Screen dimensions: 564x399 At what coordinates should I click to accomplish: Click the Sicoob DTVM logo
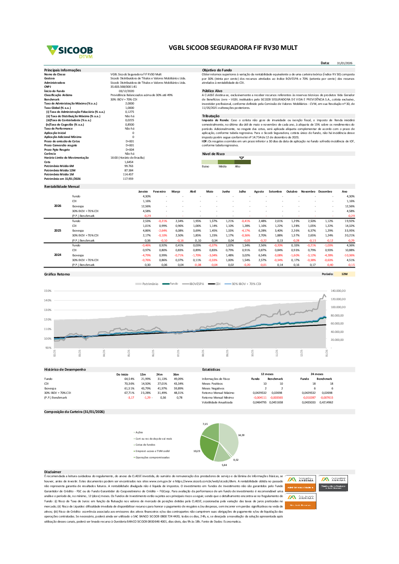pos(70,51)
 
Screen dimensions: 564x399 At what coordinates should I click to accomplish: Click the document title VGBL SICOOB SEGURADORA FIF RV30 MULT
pos(233,48)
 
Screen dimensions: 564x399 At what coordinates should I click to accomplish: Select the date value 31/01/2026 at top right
pos(345,63)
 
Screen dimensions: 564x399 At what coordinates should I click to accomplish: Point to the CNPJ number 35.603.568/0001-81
pos(124,86)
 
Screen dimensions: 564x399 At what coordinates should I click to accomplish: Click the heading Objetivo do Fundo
pos(217,70)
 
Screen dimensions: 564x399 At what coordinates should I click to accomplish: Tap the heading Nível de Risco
pos(213,154)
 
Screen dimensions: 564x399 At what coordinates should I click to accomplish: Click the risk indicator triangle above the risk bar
pos(241,158)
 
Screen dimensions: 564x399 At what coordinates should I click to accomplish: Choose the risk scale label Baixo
pos(205,167)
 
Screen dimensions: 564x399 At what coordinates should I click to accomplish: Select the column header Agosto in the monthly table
pos(259,192)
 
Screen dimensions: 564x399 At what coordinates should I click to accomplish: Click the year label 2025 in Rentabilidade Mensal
pos(58,231)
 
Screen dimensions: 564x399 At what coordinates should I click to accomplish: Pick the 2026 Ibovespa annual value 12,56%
pos(350,206)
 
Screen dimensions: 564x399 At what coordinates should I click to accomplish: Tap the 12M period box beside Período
pos(345,274)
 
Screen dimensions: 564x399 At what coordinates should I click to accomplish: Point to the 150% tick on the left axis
pos(47,291)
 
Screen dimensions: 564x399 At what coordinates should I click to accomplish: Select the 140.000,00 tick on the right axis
pos(338,291)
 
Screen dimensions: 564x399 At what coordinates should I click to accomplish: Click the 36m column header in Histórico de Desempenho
pos(176,375)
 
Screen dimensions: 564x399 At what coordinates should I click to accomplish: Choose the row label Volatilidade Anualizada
pos(217,402)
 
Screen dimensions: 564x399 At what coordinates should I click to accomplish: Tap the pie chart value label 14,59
pos(241,435)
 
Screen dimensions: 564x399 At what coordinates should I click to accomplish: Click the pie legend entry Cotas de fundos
pos(145,445)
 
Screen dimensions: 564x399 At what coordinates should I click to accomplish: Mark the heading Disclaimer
pos(53,472)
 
